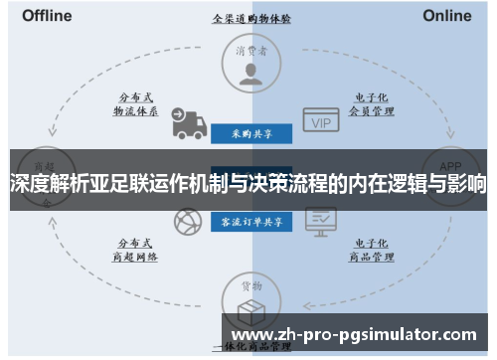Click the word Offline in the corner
pos(47,16)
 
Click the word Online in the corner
pos(447,16)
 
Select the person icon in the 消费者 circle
pos(250,72)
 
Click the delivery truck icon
pos(187,122)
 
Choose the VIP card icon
pos(321,122)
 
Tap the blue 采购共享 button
pos(250,132)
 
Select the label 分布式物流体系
pos(135,104)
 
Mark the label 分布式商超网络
pos(135,249)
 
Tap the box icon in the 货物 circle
pos(250,309)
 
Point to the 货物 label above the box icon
pos(250,286)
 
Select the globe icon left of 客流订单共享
pos(186,221)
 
